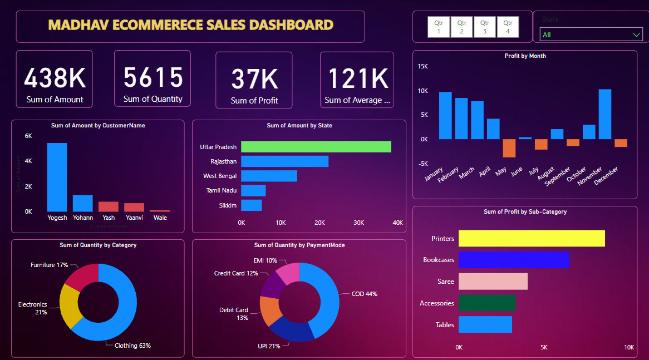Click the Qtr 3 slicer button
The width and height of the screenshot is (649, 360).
click(485, 27)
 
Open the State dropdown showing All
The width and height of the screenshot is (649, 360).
click(591, 34)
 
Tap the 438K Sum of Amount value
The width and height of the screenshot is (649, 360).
click(55, 78)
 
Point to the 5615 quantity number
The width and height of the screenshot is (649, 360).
click(153, 77)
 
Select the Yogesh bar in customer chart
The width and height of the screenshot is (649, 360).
click(57, 177)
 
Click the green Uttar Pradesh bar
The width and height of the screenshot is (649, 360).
click(316, 147)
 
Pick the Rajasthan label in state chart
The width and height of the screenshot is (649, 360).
click(223, 161)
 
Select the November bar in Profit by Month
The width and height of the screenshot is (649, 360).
click(604, 114)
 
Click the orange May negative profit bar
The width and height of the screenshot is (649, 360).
click(509, 148)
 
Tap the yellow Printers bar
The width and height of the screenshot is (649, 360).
click(532, 238)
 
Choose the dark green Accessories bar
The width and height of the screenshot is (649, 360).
click(486, 303)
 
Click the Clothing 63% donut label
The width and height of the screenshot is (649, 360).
click(132, 346)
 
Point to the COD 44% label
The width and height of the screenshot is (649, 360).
click(364, 294)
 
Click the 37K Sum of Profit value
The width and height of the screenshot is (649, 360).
click(254, 79)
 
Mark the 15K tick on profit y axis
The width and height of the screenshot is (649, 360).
click(422, 66)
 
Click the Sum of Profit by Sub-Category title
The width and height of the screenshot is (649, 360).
click(525, 211)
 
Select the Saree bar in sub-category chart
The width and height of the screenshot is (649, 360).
click(493, 282)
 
